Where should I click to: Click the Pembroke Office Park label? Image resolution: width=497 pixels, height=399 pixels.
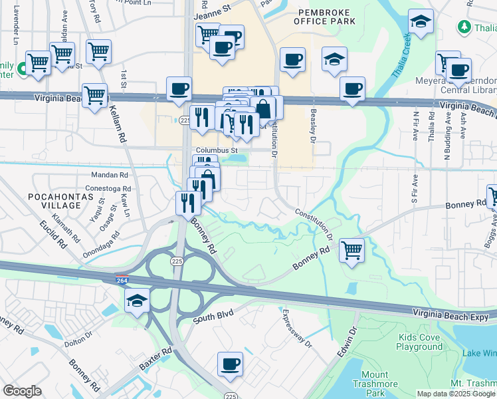click(x=326, y=17)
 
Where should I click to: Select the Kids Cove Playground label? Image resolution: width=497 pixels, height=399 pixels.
click(x=420, y=342)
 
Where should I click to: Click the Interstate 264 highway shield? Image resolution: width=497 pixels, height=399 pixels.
click(x=122, y=279)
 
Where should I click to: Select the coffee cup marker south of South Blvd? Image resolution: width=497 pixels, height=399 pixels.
click(x=230, y=364)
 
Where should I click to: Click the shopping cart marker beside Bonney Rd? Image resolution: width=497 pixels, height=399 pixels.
click(x=351, y=251)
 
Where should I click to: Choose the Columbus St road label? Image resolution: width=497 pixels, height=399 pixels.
click(x=217, y=151)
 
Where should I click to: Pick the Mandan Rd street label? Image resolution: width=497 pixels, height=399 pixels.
click(x=110, y=176)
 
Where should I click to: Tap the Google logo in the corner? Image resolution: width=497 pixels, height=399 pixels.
click(x=22, y=391)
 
